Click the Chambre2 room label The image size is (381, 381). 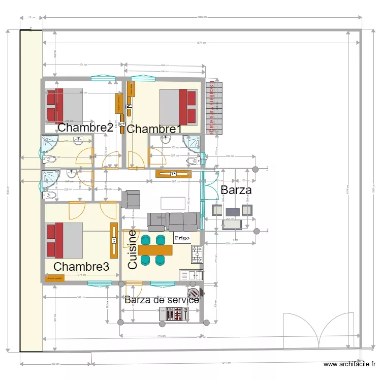(85, 128)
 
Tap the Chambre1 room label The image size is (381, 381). (154, 130)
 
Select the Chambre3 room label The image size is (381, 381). (81, 266)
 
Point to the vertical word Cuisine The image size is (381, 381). (133, 249)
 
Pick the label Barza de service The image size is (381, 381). (162, 300)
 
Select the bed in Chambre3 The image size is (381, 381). (64, 241)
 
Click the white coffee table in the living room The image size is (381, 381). (173, 203)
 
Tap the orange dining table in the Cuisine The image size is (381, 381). (155, 250)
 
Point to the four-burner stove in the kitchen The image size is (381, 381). (197, 251)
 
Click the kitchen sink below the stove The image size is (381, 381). (190, 275)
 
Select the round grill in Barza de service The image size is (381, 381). (194, 294)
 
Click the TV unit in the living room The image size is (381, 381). (174, 174)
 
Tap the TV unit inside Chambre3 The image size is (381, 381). (114, 240)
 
